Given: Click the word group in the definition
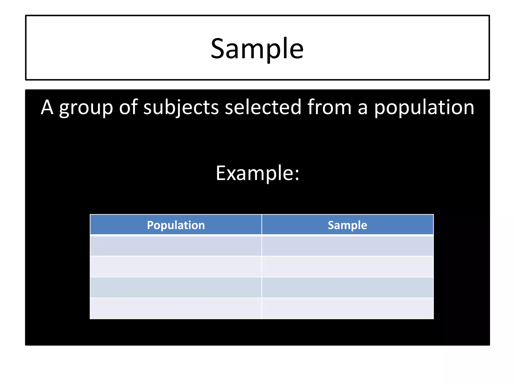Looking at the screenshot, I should [x=86, y=108].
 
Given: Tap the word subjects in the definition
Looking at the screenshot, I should [x=181, y=108].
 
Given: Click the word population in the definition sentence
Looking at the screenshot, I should [x=424, y=108].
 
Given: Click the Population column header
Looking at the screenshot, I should [x=176, y=225].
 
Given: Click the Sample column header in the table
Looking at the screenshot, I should [x=347, y=225].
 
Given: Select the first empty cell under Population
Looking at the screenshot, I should [x=176, y=246].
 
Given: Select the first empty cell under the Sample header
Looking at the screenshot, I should [x=347, y=246].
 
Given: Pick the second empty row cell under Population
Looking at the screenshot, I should [x=176, y=267].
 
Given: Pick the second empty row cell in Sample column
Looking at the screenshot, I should [x=347, y=267].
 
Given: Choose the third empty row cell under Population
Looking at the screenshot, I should [x=176, y=287].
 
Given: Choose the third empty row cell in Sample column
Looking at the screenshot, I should [x=347, y=287].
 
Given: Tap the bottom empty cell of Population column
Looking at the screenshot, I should [x=176, y=308].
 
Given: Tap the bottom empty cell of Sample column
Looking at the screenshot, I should [x=347, y=308].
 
